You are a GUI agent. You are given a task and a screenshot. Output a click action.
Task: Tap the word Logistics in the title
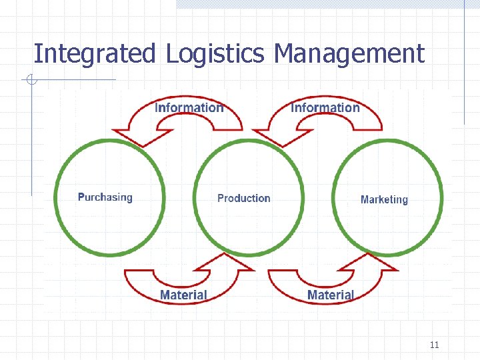click(x=215, y=53)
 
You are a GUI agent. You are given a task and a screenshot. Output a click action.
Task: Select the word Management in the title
click(x=349, y=53)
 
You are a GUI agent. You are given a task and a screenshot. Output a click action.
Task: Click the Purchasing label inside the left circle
click(x=105, y=197)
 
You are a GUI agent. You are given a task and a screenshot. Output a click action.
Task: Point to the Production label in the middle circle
click(x=244, y=198)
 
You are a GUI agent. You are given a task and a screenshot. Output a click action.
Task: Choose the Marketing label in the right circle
click(x=384, y=199)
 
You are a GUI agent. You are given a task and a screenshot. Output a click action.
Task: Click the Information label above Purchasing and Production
click(x=189, y=107)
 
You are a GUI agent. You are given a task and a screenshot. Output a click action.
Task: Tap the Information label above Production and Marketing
click(x=325, y=107)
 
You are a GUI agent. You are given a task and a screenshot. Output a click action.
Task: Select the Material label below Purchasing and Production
click(x=183, y=294)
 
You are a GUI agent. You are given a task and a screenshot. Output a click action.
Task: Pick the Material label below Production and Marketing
click(x=331, y=294)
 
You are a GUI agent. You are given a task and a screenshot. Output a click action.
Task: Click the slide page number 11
click(x=434, y=345)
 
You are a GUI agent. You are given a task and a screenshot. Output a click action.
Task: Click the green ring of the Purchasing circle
click(x=58, y=197)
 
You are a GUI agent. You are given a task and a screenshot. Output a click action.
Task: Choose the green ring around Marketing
click(x=440, y=197)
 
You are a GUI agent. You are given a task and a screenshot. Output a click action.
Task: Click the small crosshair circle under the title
click(x=31, y=81)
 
